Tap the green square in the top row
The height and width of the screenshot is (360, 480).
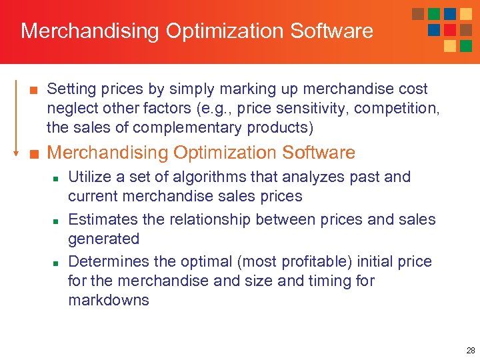click(x=434, y=14)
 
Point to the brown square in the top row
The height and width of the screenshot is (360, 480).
click(x=418, y=14)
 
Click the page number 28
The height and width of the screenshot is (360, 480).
click(x=471, y=350)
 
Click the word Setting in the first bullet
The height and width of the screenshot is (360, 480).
click(x=70, y=89)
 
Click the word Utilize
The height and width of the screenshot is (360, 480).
click(x=90, y=177)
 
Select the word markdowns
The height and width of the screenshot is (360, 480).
click(x=108, y=300)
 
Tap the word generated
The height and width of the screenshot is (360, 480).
click(x=103, y=239)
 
